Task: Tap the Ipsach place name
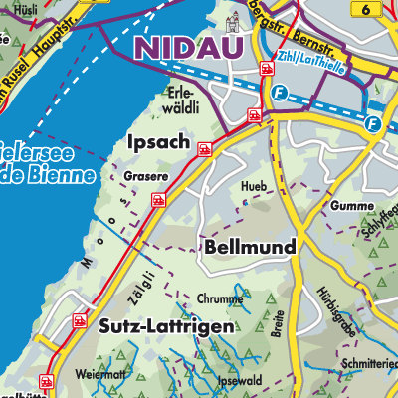tap(159, 143)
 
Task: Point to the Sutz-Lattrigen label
tap(167, 326)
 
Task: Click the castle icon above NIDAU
tap(236, 20)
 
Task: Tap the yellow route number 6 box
tap(369, 9)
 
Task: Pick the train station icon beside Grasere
tap(157, 200)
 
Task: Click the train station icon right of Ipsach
tap(205, 149)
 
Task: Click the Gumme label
tap(327, 205)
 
